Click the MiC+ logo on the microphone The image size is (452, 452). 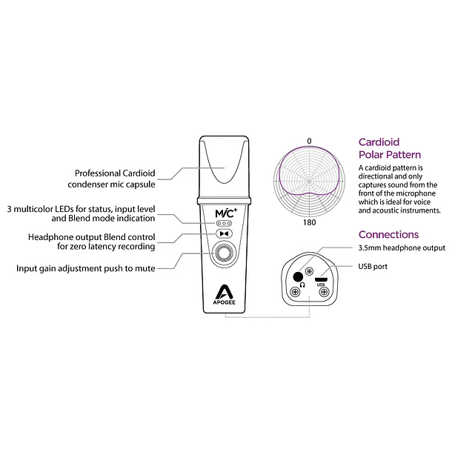[x=226, y=213]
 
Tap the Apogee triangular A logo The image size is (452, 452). [x=224, y=292]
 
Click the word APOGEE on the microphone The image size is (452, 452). [x=225, y=302]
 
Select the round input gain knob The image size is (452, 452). [x=223, y=253]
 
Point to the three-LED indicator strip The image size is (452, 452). [x=224, y=223]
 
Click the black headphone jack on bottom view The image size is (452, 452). [x=298, y=276]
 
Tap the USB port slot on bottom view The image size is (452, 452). [x=321, y=279]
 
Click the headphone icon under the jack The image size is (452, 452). [x=302, y=285]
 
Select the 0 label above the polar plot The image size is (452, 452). [x=309, y=141]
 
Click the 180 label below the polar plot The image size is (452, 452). [x=309, y=222]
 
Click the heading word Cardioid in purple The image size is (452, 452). [x=379, y=142]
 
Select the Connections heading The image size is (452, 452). [x=388, y=235]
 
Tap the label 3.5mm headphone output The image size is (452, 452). [x=402, y=247]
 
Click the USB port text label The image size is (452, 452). [x=373, y=266]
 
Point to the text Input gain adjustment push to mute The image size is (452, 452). [x=86, y=268]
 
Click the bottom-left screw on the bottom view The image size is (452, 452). [x=295, y=292]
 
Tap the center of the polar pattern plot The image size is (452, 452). [x=309, y=182]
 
